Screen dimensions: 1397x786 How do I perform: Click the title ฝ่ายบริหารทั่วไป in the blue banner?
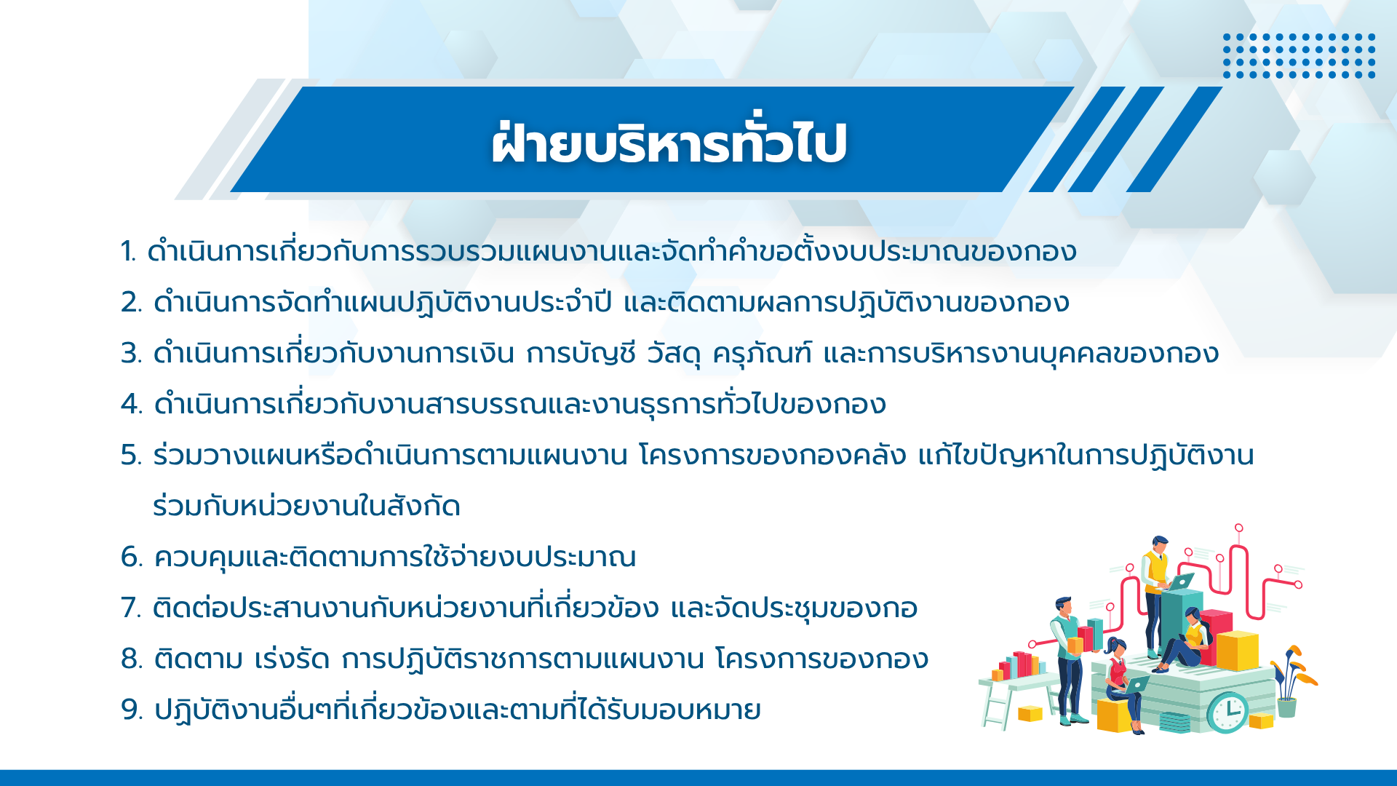(669, 142)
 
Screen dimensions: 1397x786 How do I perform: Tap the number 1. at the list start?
(129, 252)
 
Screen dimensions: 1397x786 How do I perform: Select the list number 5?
(131, 456)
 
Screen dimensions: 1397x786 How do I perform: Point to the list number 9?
(132, 710)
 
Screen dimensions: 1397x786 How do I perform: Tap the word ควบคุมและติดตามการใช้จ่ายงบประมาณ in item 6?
(395, 557)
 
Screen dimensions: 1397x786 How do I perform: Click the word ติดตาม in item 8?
(198, 658)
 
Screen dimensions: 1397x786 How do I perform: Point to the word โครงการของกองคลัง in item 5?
(773, 456)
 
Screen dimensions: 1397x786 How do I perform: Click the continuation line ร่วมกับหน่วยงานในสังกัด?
(306, 506)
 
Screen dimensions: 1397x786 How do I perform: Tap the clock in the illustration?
(1227, 712)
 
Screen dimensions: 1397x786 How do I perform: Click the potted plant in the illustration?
(1292, 680)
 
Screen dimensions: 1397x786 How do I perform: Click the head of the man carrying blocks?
(1064, 606)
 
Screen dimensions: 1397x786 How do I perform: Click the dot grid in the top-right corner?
(1299, 55)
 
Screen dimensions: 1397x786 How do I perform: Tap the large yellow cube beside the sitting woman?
(1237, 650)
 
